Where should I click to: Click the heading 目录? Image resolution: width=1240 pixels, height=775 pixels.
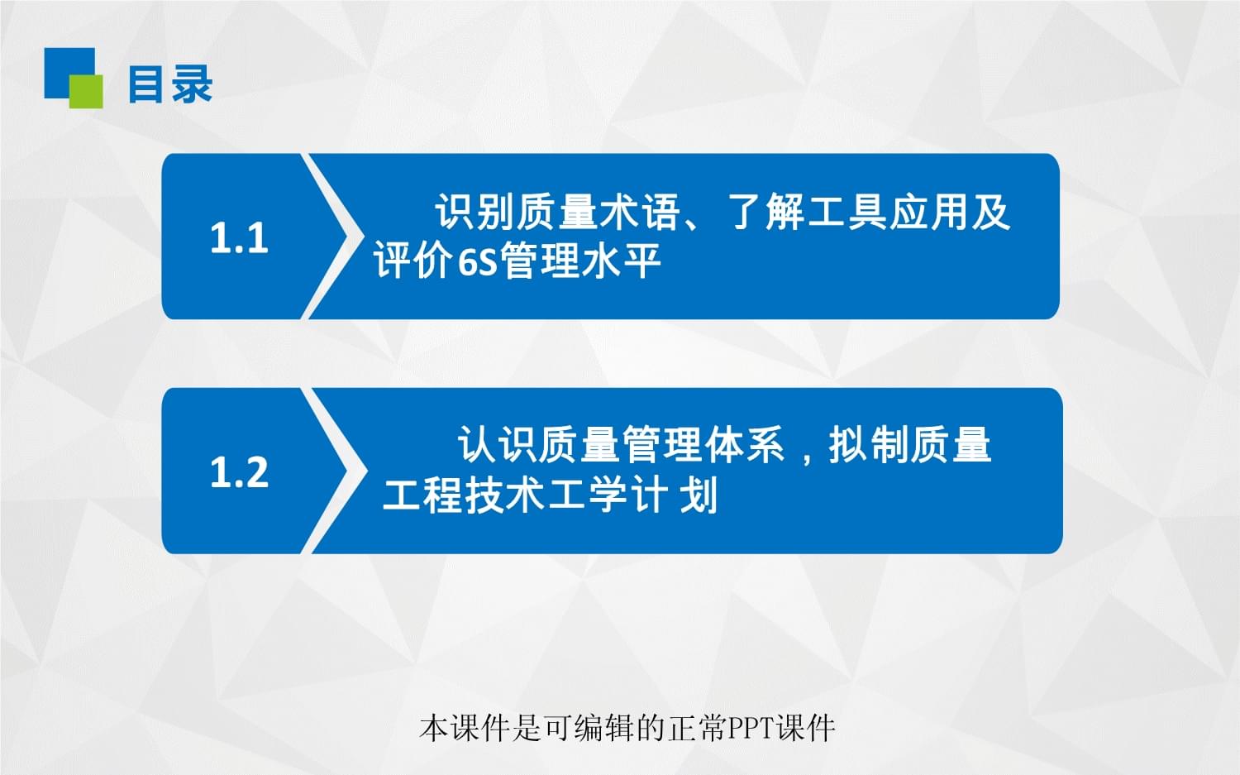click(170, 84)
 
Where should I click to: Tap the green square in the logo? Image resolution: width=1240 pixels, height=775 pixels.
click(87, 92)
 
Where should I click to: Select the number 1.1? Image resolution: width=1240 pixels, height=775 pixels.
click(239, 237)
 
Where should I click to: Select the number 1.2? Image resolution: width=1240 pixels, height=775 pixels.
click(239, 472)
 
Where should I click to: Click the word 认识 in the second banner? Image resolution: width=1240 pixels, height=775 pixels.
click(498, 445)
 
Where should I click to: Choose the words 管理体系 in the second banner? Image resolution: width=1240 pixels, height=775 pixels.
click(703, 445)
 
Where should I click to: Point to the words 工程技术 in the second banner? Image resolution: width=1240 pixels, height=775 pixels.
click(464, 496)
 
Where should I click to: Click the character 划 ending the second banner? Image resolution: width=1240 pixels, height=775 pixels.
click(699, 496)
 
